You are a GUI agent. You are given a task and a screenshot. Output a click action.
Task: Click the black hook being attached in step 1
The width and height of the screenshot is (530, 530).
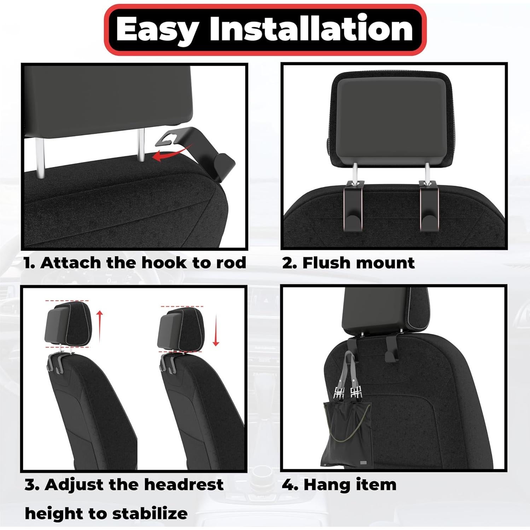click(x=202, y=148)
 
